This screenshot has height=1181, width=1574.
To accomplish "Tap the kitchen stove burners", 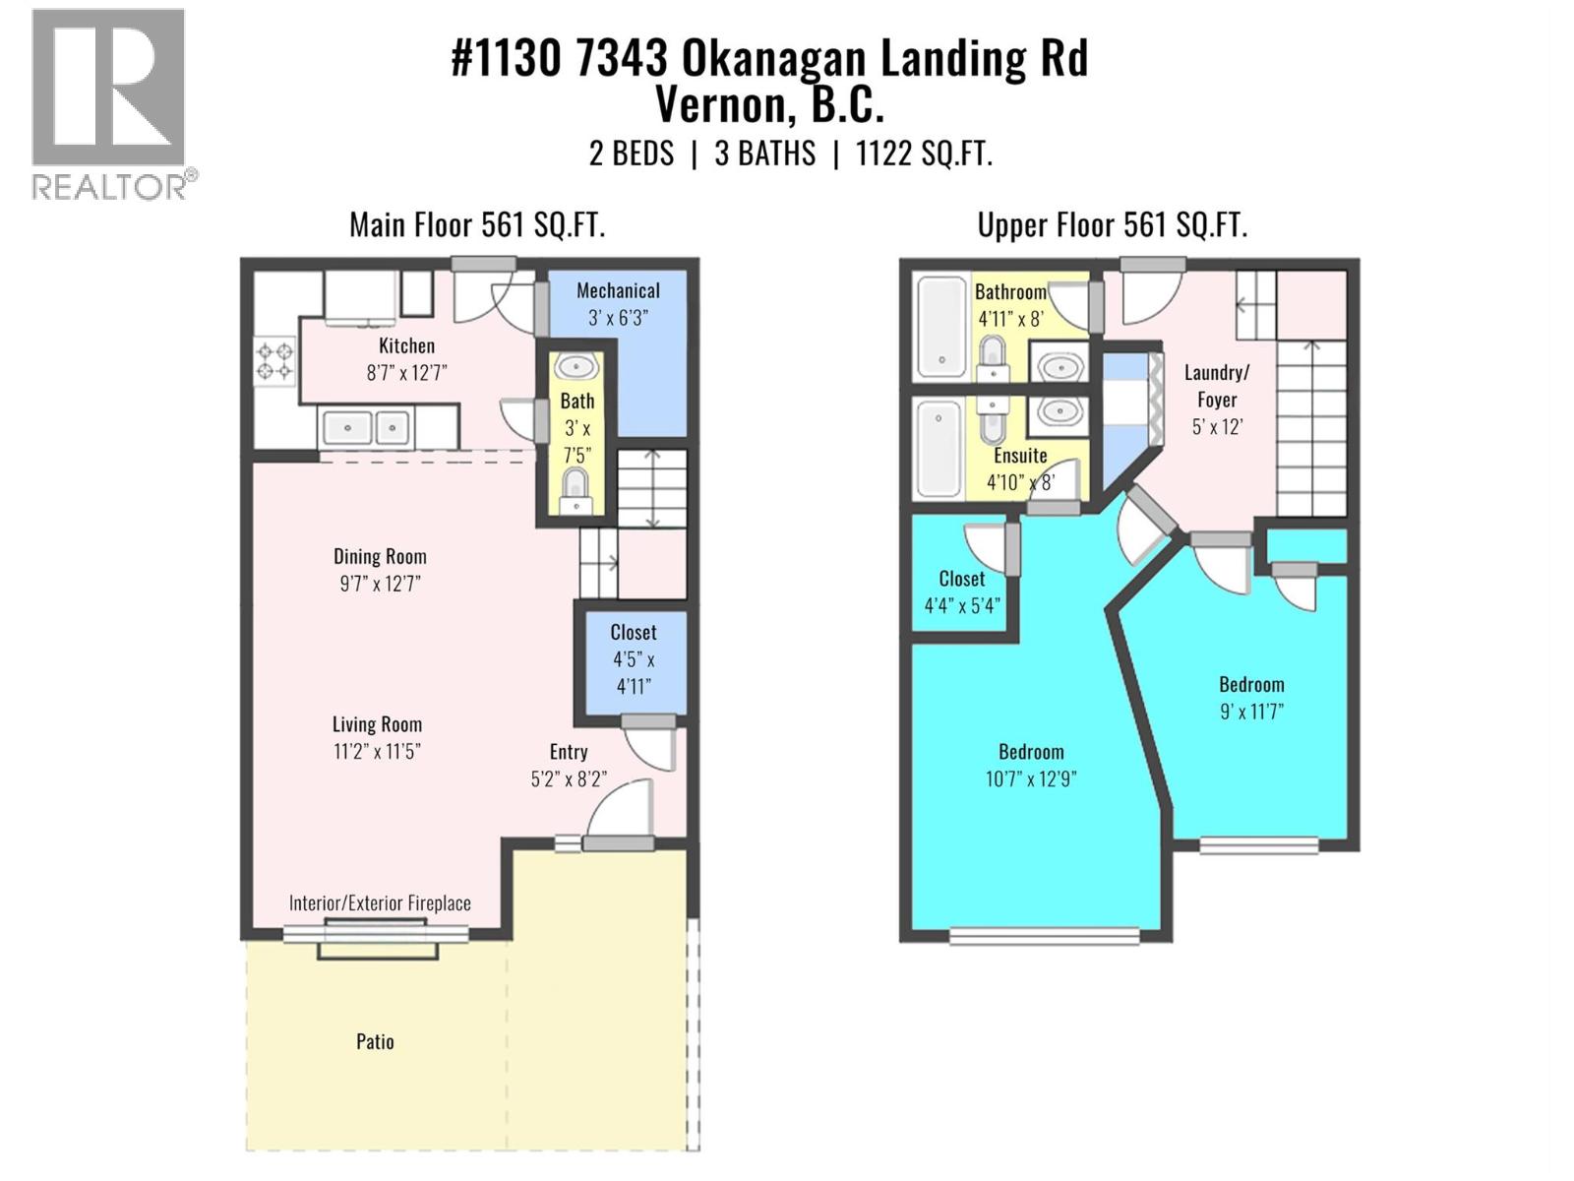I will pos(274,360).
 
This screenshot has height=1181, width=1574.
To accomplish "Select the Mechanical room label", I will pos(618,290).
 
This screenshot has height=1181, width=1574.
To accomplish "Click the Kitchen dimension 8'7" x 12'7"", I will pos(406,373).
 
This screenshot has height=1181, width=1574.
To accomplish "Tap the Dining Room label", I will pos(380,556).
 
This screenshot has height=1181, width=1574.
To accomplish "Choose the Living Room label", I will pos(377,724).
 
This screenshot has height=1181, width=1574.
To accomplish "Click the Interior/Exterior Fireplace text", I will pos(380,902).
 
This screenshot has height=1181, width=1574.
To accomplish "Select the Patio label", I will pos(375,1041).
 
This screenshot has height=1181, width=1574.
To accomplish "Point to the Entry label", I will pos(569,752).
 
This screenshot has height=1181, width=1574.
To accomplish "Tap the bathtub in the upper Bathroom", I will pos(940,327).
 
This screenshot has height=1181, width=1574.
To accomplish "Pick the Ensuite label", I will pos(1020,456).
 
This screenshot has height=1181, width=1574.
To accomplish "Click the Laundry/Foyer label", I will pos(1217,386).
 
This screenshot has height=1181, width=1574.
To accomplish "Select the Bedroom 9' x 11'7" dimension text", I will pos(1251,712).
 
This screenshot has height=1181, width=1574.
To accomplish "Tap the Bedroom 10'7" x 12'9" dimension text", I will pos(1031,778).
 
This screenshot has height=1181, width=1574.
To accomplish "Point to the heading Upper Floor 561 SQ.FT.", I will pos(1112,225).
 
